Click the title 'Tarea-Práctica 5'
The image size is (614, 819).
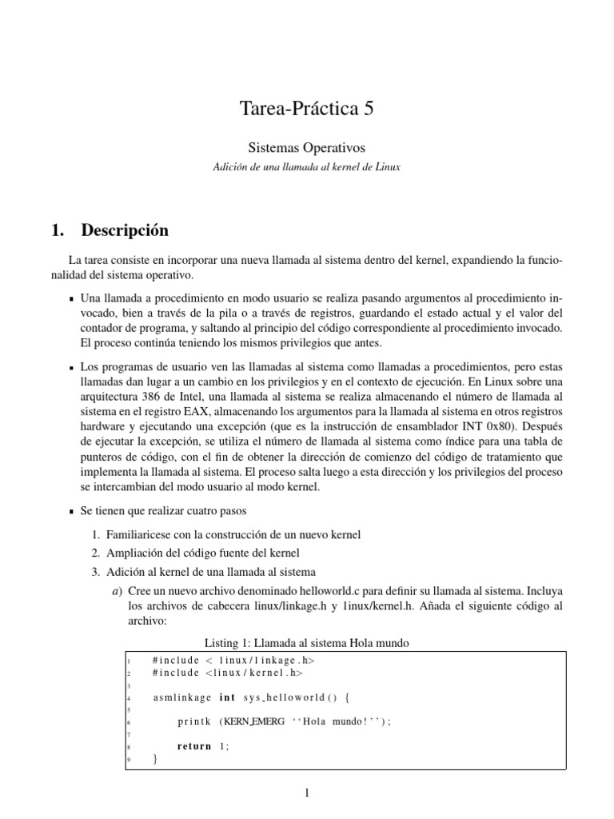pyautogui.click(x=307, y=110)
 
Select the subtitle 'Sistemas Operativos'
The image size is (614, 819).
pyautogui.click(x=307, y=148)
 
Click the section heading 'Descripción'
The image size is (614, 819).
pyautogui.click(x=125, y=230)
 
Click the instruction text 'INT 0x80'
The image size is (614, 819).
pyautogui.click(x=483, y=425)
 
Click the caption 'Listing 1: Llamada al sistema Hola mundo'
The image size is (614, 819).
pyautogui.click(x=307, y=642)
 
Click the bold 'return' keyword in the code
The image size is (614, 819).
pyautogui.click(x=194, y=746)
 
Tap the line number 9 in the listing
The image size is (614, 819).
pyautogui.click(x=129, y=761)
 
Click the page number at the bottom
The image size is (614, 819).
pyautogui.click(x=307, y=793)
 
